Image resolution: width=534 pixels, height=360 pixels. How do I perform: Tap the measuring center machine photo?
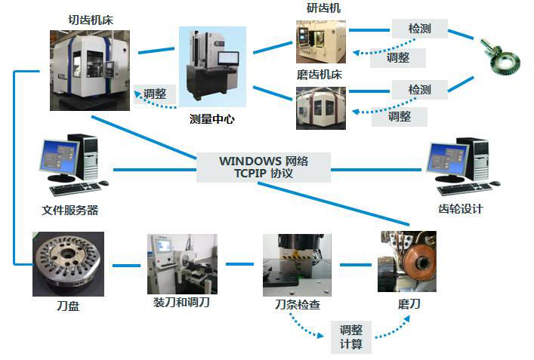[x=212, y=66]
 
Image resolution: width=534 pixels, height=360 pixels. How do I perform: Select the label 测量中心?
[x=212, y=118]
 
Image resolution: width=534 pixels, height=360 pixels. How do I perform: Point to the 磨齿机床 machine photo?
[x=320, y=108]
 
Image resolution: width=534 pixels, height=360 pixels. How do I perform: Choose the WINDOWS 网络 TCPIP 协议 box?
[x=264, y=167]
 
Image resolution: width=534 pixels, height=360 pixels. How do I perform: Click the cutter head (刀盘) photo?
[x=68, y=263]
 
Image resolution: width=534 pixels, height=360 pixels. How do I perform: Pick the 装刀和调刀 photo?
[x=181, y=263]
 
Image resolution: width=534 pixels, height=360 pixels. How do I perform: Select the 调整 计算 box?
[x=351, y=337]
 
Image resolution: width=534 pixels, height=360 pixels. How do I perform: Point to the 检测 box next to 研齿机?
[x=419, y=29]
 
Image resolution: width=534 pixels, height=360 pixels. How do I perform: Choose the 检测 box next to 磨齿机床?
[x=419, y=89]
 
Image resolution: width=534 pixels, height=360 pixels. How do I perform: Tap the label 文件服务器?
[x=69, y=210]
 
